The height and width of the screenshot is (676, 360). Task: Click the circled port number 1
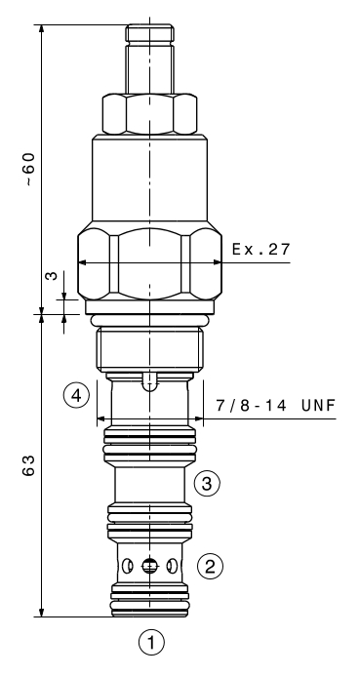(151, 643)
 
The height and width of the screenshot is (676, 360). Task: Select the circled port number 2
(210, 566)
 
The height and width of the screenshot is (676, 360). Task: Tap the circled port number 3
(207, 484)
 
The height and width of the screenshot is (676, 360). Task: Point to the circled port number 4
(76, 395)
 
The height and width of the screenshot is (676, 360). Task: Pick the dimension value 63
(28, 465)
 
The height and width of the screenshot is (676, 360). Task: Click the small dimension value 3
(52, 275)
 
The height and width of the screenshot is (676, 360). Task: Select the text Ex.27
(261, 249)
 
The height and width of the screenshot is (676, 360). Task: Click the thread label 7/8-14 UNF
(276, 405)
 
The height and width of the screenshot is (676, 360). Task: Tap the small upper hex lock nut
(149, 114)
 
